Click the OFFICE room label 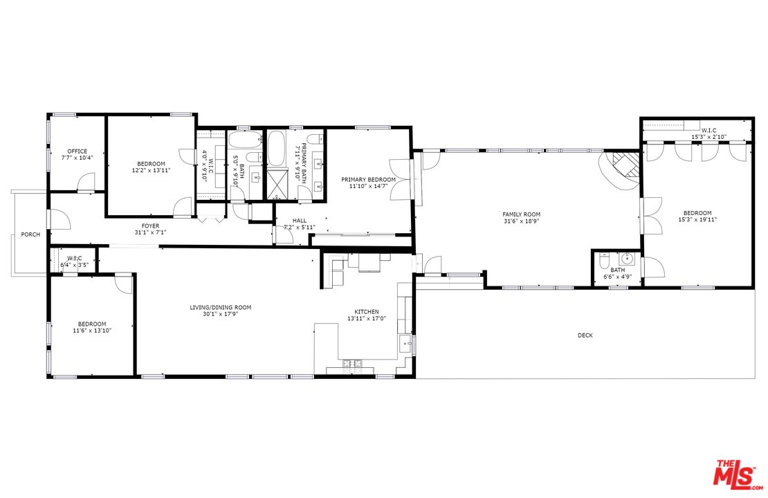(77, 151)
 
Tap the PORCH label (30, 234)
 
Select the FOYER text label (150, 225)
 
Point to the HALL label (299, 221)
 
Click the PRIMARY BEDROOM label (368, 179)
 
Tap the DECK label (585, 335)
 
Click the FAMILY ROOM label (521, 214)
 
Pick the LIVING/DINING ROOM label (221, 307)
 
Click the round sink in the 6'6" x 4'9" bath (628, 259)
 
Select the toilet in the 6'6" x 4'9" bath (603, 262)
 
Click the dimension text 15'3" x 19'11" (697, 220)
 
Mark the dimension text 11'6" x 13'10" (91, 331)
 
